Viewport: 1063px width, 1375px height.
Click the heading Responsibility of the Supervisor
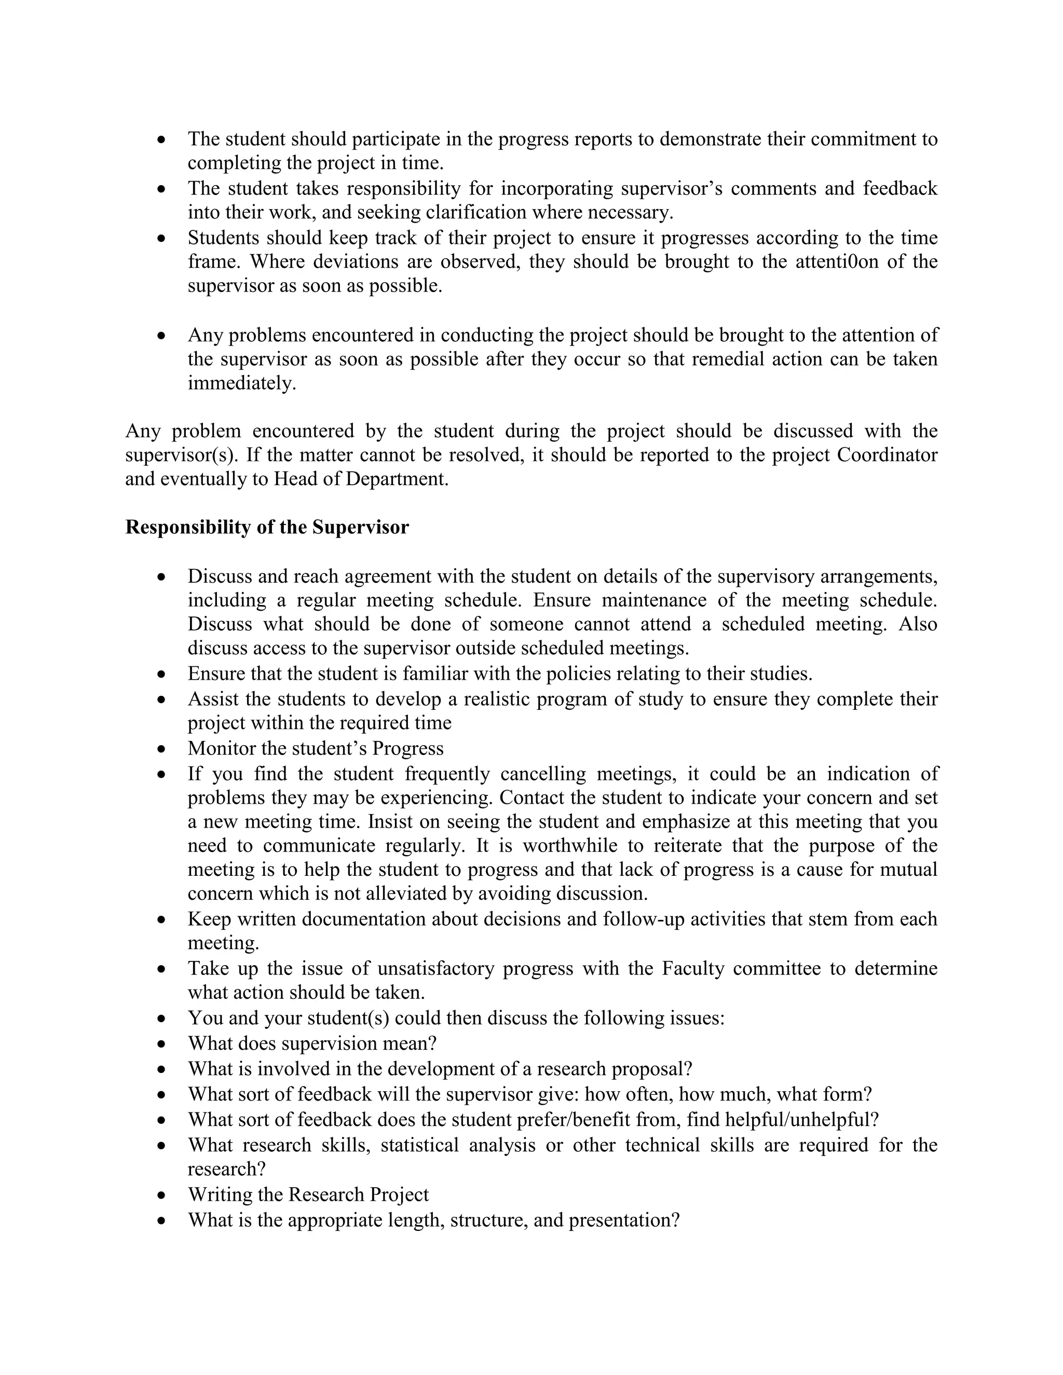coord(267,527)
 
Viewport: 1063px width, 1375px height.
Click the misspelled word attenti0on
coord(836,262)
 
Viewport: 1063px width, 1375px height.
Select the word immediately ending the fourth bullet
coord(241,383)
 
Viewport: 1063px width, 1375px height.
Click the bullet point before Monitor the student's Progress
coord(162,749)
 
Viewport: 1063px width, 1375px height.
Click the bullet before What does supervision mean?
coord(162,1044)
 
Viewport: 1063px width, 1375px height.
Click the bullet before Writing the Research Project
coord(162,1195)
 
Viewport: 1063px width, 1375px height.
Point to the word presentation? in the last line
coord(624,1220)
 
